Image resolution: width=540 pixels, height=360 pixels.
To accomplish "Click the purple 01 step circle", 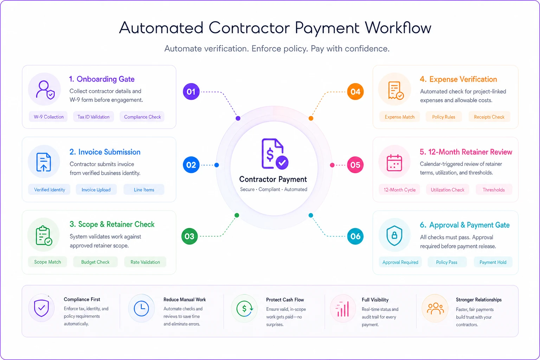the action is [x=191, y=92].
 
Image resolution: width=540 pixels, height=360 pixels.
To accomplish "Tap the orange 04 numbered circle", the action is [x=355, y=92].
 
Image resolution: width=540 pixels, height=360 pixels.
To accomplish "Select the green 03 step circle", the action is [x=189, y=236].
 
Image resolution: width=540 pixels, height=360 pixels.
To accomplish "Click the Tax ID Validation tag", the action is [x=93, y=117].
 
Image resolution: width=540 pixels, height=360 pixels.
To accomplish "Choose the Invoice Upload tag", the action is [x=96, y=190].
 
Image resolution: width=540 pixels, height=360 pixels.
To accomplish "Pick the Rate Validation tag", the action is [x=145, y=262].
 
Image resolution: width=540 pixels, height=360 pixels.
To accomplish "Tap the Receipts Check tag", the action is [x=489, y=117].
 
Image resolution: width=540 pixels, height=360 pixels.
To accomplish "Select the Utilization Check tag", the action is [x=448, y=190].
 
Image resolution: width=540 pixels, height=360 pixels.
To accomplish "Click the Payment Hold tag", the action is [x=493, y=262].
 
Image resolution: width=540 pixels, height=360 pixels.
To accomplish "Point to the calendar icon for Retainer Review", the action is [x=394, y=163].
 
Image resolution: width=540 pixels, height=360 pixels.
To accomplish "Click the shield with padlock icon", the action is [x=394, y=236].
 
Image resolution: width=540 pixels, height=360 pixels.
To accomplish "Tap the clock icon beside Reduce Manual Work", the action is [x=141, y=308].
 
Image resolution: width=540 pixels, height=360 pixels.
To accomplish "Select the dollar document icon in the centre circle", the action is [x=275, y=154].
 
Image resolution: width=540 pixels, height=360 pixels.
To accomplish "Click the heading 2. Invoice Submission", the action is [x=105, y=152].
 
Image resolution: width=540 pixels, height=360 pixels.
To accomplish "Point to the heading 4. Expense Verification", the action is [x=458, y=79].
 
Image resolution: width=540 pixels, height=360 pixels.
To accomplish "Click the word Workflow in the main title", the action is [x=398, y=28].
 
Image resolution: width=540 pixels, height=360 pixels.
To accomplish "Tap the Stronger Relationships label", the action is [x=478, y=300].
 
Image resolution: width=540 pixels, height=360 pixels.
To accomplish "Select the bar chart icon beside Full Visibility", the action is [x=342, y=309].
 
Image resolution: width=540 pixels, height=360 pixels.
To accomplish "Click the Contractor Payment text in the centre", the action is [x=273, y=179].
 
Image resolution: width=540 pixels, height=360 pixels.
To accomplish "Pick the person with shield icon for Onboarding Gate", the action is [x=45, y=90].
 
